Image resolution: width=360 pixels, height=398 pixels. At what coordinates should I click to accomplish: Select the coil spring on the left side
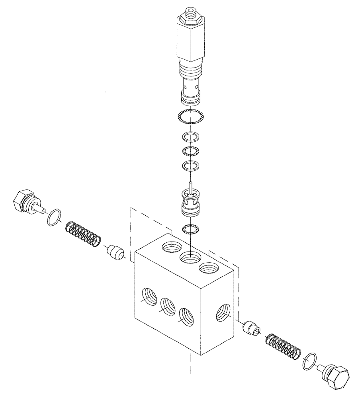[x=83, y=234]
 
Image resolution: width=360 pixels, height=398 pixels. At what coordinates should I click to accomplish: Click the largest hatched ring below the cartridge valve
[x=190, y=116]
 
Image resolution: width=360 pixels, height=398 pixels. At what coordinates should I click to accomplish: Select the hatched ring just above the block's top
[x=190, y=229]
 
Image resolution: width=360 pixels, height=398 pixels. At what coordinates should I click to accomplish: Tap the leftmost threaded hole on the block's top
[x=171, y=249]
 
